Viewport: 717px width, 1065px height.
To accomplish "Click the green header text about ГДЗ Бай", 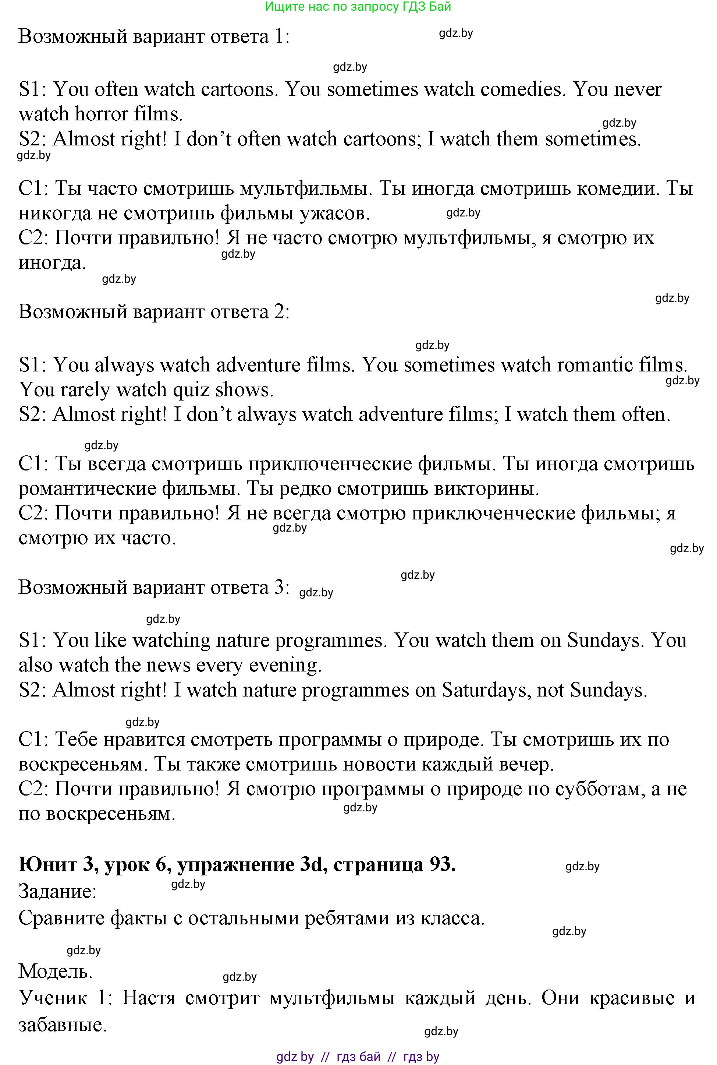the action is pos(358,6).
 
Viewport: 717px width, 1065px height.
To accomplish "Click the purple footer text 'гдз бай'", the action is pos(358,1056).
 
